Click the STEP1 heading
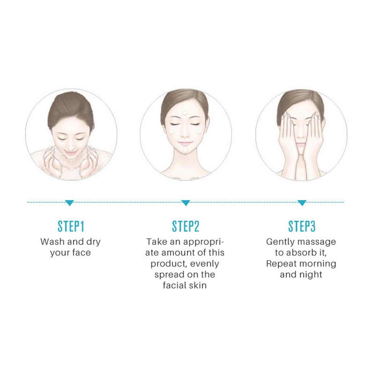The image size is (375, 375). coord(71,226)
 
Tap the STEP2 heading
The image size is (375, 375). coord(186,226)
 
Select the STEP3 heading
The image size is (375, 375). coord(302,226)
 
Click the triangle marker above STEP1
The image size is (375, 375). coord(69,203)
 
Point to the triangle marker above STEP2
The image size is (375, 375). coord(185,203)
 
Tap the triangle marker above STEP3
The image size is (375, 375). coord(302,203)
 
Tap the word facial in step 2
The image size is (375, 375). coord(172,286)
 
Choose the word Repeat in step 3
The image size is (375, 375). coord(281,264)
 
